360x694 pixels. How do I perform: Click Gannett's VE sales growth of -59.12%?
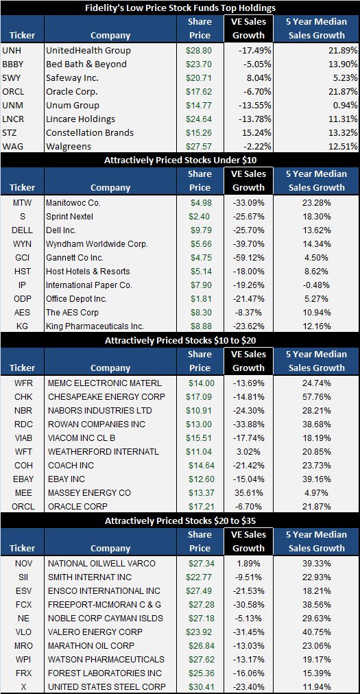[249, 258]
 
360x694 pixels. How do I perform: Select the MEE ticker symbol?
[22, 492]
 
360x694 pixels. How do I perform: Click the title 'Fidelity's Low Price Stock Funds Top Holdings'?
[180, 8]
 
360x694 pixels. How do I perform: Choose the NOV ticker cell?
[22, 562]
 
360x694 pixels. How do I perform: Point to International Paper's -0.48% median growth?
[317, 285]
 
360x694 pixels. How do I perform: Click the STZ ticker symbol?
[10, 133]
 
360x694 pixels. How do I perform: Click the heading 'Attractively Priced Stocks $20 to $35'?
[180, 520]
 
